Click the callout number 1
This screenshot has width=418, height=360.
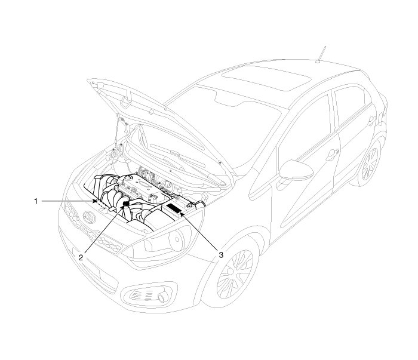click(x=36, y=202)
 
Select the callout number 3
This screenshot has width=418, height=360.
click(x=222, y=255)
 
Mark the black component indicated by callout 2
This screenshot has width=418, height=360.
click(x=127, y=204)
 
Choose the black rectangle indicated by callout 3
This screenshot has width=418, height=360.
click(x=175, y=209)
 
